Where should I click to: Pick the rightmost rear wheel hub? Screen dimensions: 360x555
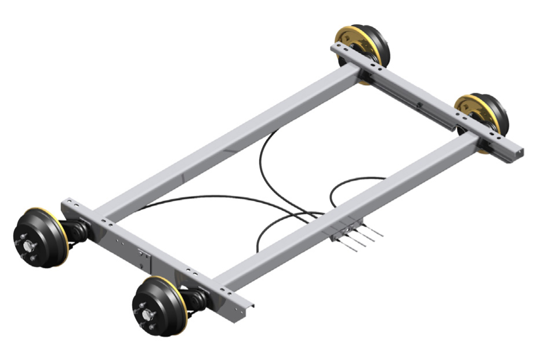click(x=483, y=116)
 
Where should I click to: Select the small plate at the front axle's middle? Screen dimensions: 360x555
click(x=143, y=258)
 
